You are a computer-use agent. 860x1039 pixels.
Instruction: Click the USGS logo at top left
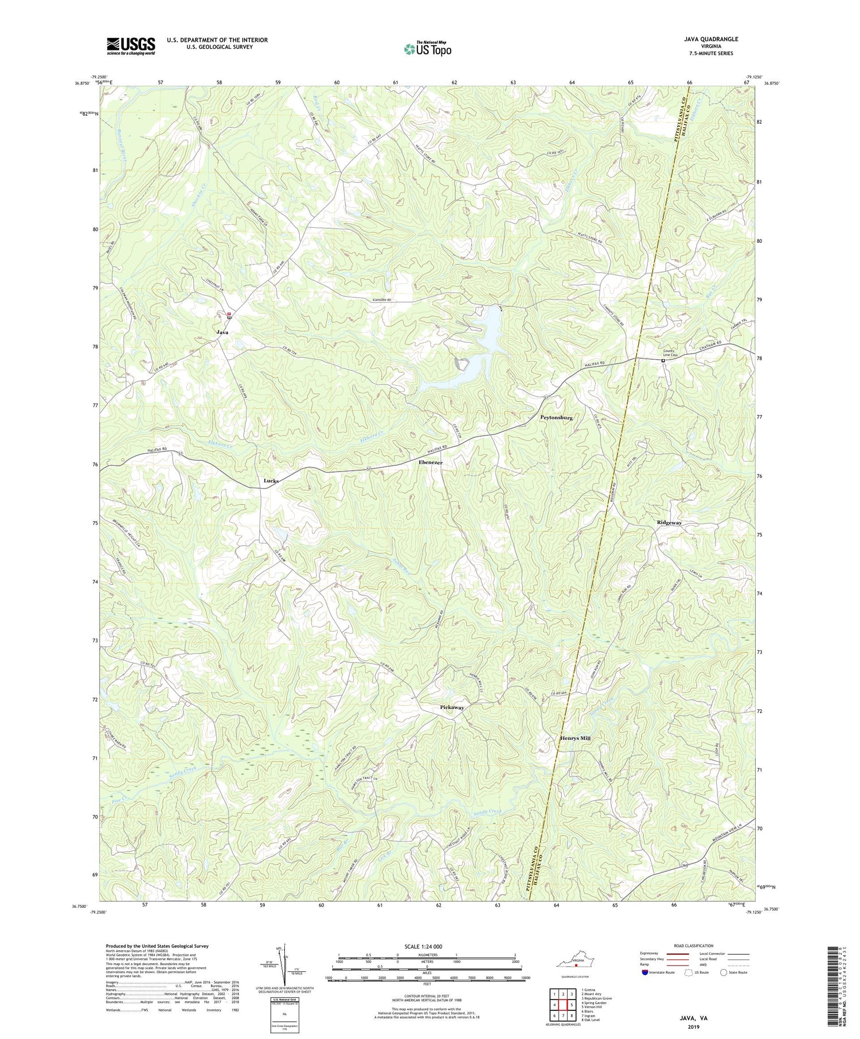click(131, 46)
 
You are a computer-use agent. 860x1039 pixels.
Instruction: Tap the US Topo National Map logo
click(427, 49)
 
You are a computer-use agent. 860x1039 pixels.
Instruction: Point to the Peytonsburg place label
click(557, 418)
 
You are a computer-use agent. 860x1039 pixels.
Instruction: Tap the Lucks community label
click(271, 481)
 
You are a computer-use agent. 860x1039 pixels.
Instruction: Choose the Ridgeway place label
click(669, 523)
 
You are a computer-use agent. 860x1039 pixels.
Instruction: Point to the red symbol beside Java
click(229, 314)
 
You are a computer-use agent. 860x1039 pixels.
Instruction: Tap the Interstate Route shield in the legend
click(645, 973)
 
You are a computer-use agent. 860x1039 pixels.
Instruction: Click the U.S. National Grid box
click(285, 1014)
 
